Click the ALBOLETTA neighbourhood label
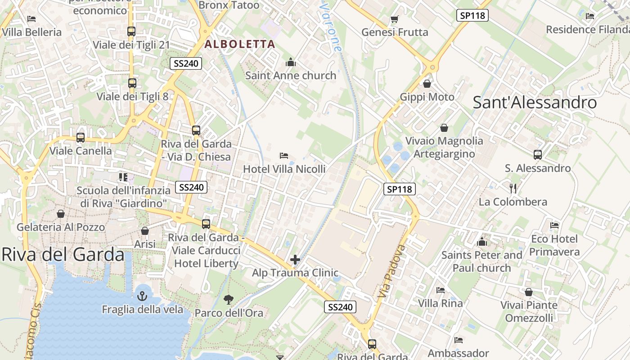click(x=239, y=44)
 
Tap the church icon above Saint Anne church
click(x=291, y=62)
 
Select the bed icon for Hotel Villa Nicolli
click(x=283, y=156)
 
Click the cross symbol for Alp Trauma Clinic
click(x=295, y=260)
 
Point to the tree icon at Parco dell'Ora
click(x=229, y=299)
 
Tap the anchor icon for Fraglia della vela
click(x=142, y=296)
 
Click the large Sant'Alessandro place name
click(x=535, y=103)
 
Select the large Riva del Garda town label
click(x=63, y=255)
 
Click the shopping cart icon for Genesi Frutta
click(x=394, y=19)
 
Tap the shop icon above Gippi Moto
click(x=427, y=84)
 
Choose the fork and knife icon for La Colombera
click(x=513, y=188)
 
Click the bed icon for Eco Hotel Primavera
click(x=554, y=225)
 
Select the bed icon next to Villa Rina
click(x=440, y=290)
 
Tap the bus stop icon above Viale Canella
click(x=81, y=138)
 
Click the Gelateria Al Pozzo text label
click(x=61, y=227)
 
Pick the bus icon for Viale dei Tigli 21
click(x=131, y=31)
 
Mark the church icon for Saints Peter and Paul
click(x=482, y=242)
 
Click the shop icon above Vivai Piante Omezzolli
click(x=528, y=292)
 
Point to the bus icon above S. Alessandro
click(x=537, y=155)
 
